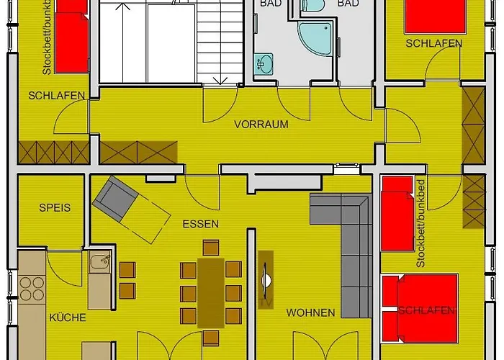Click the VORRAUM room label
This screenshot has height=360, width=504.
coord(261,124)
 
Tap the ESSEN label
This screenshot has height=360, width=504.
coord(200,224)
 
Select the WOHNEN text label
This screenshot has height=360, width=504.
coord(310,312)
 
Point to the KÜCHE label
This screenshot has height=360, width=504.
coord(68,317)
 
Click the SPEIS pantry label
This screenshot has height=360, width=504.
coord(55,207)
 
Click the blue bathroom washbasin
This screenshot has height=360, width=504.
coord(263,64)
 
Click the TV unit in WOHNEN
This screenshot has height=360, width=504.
coord(265,279)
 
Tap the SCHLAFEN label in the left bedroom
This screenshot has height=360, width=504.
coord(56,96)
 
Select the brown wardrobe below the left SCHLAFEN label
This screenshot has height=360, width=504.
coord(53,152)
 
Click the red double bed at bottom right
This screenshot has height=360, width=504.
coord(420,310)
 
